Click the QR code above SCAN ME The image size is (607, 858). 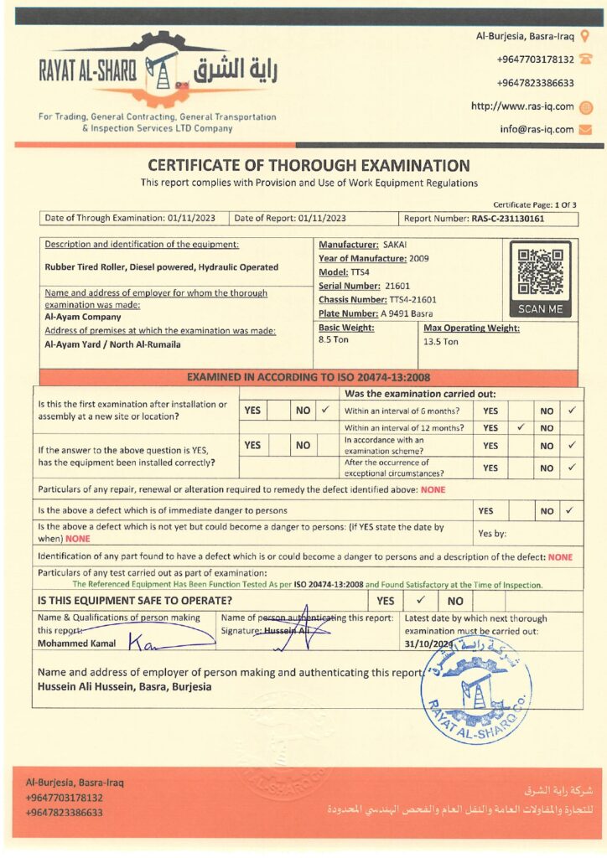(x=540, y=272)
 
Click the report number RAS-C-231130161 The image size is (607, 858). (x=507, y=219)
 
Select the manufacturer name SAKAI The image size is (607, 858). (x=394, y=244)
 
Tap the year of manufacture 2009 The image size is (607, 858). (x=419, y=258)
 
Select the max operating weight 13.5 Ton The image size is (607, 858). (x=441, y=341)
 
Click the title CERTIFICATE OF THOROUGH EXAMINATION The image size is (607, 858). (x=309, y=166)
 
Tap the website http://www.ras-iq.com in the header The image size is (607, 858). (x=522, y=106)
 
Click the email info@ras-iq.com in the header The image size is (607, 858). (x=537, y=129)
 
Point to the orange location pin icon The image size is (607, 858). (x=585, y=36)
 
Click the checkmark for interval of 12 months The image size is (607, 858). (x=520, y=427)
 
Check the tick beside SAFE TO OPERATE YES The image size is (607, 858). (x=421, y=600)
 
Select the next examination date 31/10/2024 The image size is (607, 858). (x=428, y=643)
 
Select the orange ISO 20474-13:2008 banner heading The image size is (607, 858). (x=309, y=377)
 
